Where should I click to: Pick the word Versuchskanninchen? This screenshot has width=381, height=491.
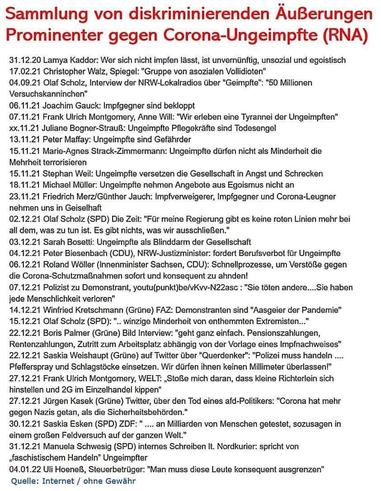pos(48,94)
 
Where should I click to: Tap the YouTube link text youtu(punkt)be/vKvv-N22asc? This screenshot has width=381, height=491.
pos(189,287)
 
